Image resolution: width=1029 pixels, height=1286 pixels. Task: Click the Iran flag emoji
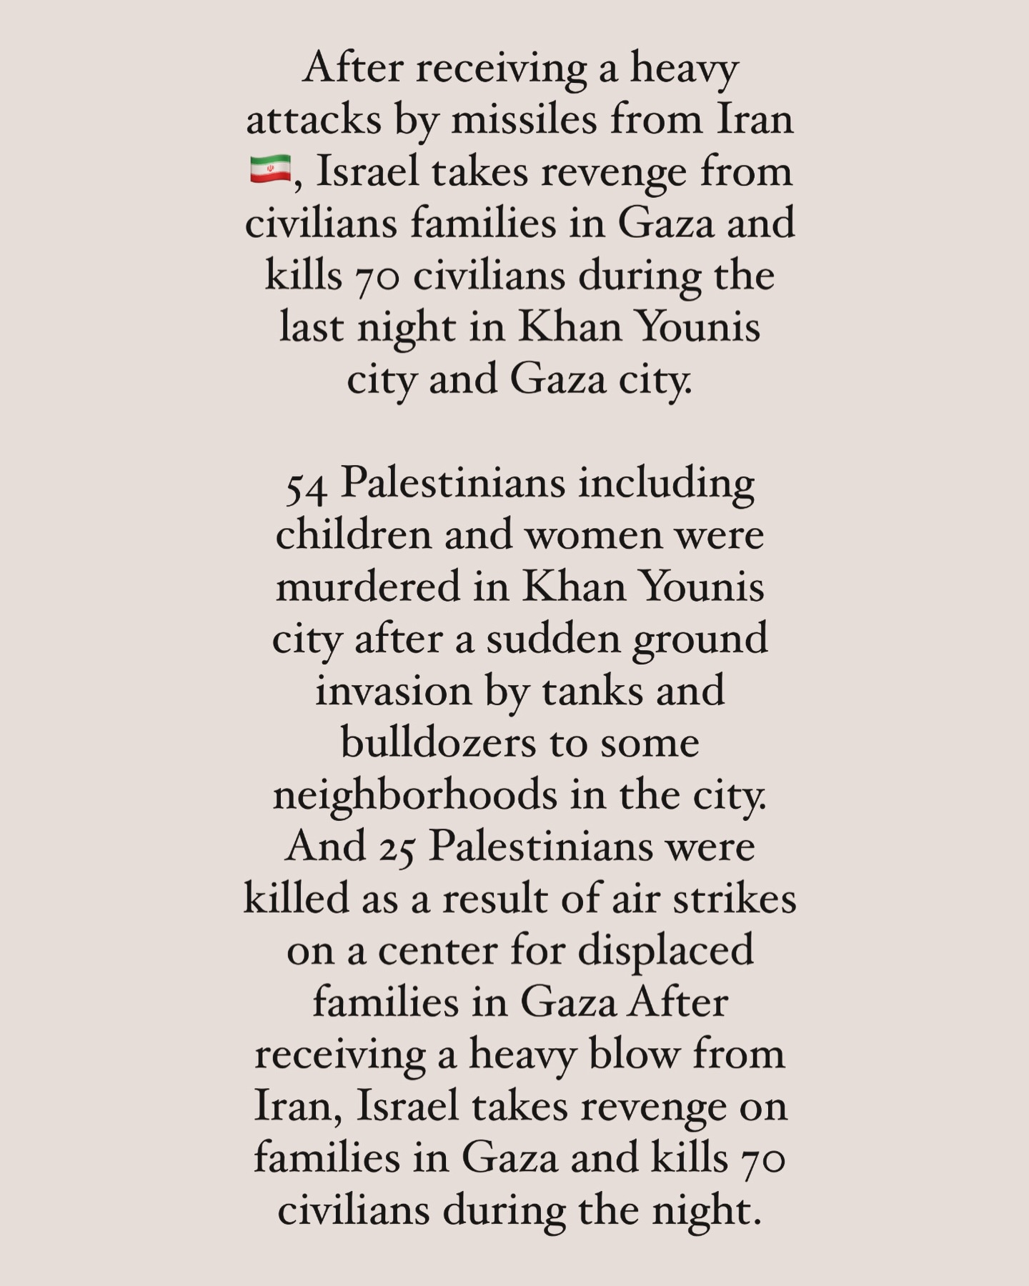pyautogui.click(x=270, y=170)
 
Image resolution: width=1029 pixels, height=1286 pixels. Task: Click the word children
pyautogui.click(x=353, y=534)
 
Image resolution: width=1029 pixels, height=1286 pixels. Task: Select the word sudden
pyautogui.click(x=555, y=639)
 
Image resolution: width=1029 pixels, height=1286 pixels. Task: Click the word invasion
pyautogui.click(x=393, y=691)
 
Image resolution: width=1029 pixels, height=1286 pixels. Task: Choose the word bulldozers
pyautogui.click(x=438, y=743)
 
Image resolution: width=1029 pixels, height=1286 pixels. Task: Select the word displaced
pyautogui.click(x=665, y=951)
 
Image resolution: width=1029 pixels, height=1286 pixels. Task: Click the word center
pyautogui.click(x=437, y=951)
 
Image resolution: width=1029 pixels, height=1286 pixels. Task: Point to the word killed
pyautogui.click(x=296, y=899)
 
